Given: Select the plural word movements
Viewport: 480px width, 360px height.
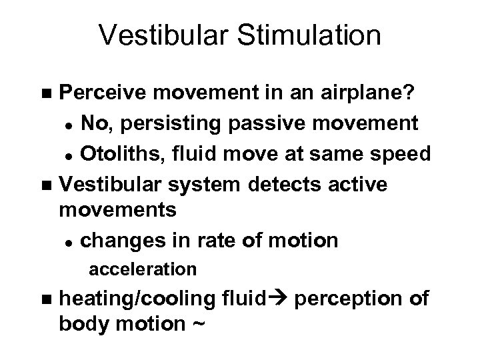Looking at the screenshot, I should pyautogui.click(x=118, y=210).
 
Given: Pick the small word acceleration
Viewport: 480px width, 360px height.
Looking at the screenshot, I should pyautogui.click(x=142, y=269).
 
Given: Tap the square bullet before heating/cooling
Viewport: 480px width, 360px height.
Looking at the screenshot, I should pyautogui.click(x=45, y=299).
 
